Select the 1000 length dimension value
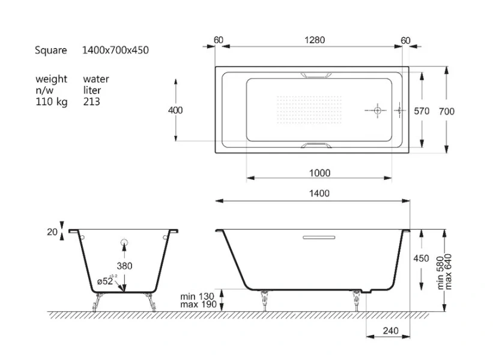point(319,173)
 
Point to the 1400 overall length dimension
point(320,193)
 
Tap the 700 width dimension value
point(446,111)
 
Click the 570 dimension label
point(422,111)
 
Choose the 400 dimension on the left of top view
point(175,110)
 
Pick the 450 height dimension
point(422,258)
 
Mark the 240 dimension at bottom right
point(390,331)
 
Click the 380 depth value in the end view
point(124,266)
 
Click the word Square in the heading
point(51,50)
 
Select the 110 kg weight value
point(51,102)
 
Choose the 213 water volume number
point(92,102)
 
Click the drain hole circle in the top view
point(377,110)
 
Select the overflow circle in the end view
point(124,242)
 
